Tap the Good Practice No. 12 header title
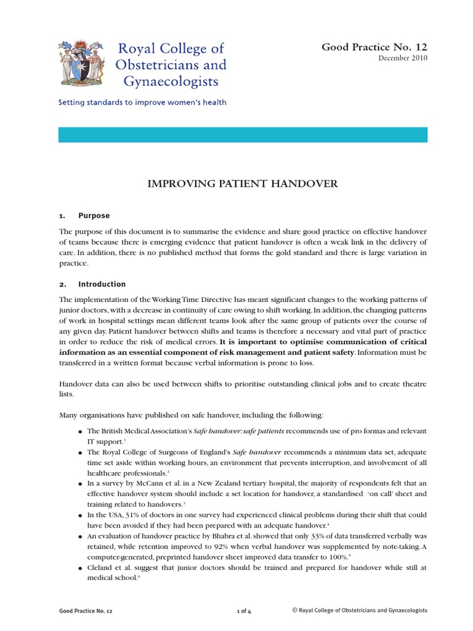[374, 47]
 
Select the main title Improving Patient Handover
[242, 184]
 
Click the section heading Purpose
[94, 216]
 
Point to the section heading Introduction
[102, 284]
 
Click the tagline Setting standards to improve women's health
[142, 102]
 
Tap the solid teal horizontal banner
[242, 135]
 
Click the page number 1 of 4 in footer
[244, 611]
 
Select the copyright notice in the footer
[360, 610]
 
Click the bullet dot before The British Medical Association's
[81, 431]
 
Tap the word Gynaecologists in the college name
[162, 81]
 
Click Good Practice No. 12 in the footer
[86, 611]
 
